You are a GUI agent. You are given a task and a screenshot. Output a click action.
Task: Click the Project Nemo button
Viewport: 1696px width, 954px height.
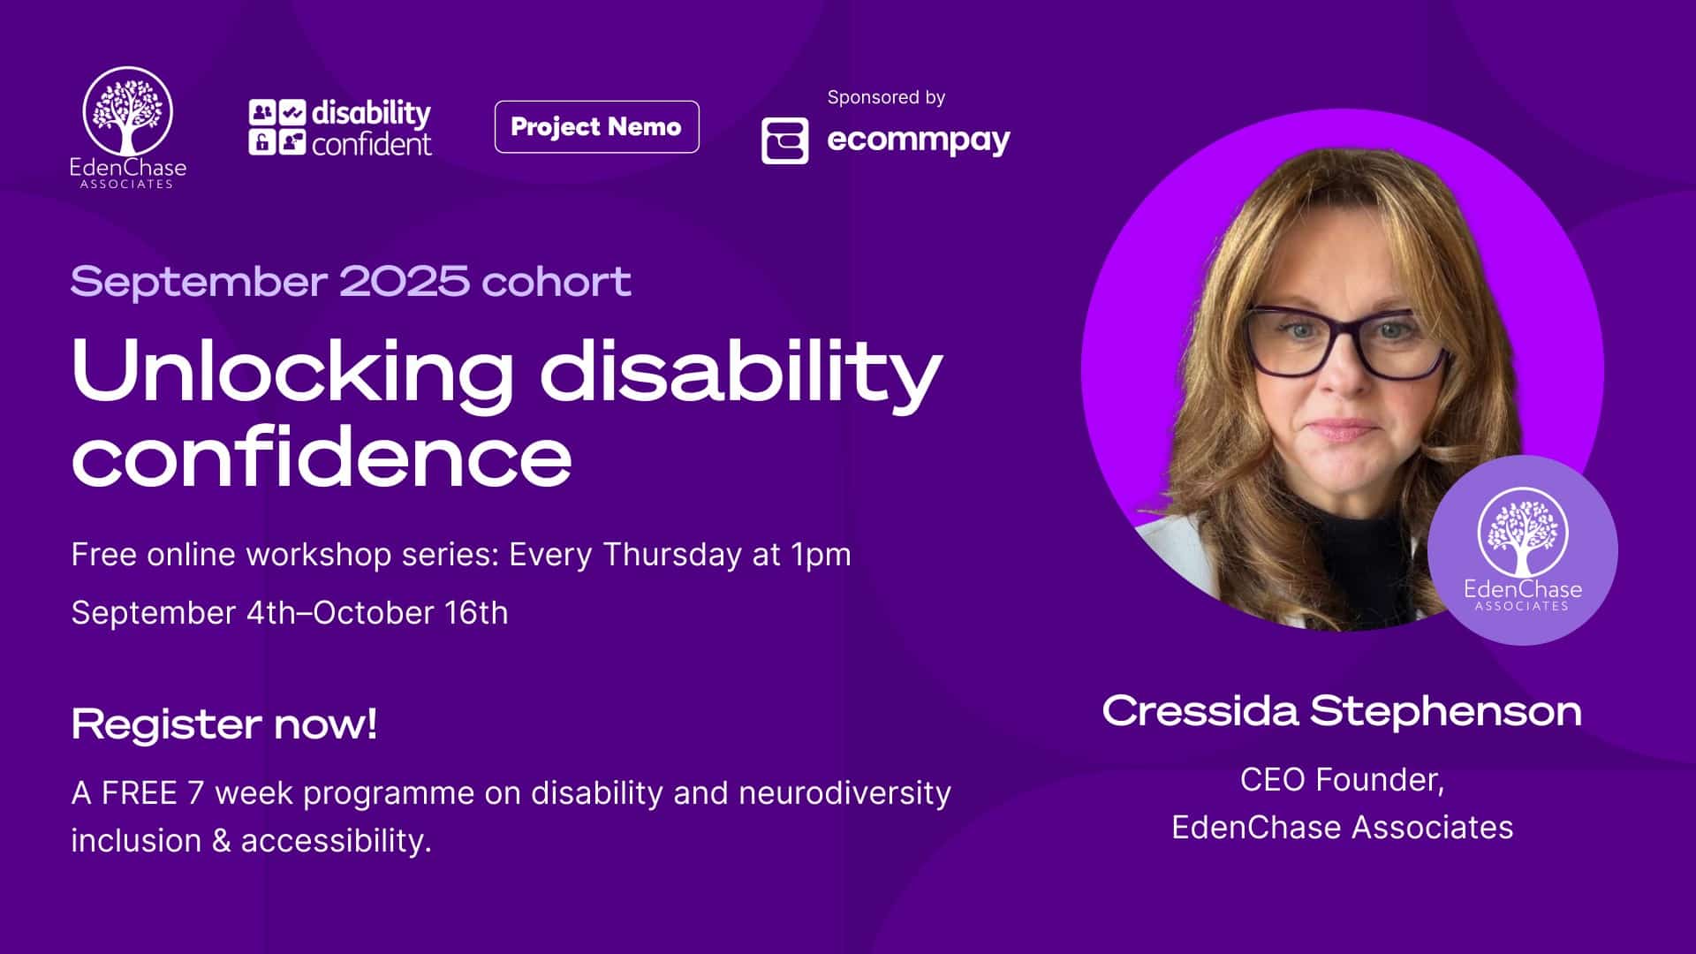click(596, 127)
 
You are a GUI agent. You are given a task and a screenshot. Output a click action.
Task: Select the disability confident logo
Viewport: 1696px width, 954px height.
click(340, 128)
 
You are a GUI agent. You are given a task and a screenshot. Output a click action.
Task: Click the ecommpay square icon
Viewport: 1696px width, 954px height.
click(784, 140)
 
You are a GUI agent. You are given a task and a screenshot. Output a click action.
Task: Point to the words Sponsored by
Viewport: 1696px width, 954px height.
click(886, 97)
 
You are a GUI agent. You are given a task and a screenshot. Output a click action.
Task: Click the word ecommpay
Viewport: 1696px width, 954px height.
click(919, 140)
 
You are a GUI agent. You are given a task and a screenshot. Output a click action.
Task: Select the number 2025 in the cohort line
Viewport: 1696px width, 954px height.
click(404, 281)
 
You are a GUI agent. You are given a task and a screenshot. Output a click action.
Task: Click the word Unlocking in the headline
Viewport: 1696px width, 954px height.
click(291, 371)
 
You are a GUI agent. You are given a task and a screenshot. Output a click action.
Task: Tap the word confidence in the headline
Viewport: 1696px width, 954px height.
click(322, 457)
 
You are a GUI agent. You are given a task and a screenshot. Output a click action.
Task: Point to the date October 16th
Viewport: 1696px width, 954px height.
click(411, 613)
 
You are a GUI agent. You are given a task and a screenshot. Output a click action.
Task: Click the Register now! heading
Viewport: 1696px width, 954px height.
click(224, 724)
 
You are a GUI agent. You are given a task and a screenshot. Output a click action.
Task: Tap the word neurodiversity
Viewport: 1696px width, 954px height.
click(844, 793)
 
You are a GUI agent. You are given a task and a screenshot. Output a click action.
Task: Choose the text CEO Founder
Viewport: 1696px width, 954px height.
click(1342, 780)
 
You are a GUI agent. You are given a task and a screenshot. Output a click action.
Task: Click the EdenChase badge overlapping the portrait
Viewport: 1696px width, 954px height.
click(1522, 550)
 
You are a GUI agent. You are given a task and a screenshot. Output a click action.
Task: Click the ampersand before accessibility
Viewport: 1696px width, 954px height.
click(221, 841)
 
